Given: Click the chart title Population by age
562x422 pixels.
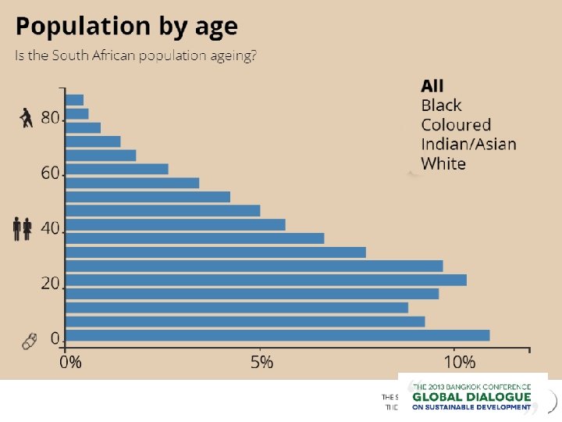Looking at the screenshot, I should tap(126, 27).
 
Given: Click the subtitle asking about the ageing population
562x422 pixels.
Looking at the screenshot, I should tap(137, 57).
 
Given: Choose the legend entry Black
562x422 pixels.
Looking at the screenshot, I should tap(441, 105).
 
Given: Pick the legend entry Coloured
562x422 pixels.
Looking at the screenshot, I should tap(456, 124).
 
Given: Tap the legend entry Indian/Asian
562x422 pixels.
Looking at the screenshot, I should tap(468, 144).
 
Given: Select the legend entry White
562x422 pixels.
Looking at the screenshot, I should tap(443, 163).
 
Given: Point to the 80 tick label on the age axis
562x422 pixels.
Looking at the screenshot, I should tap(50, 118).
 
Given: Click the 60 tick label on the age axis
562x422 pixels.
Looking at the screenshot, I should tap(50, 173).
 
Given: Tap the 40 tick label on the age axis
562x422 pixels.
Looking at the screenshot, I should tap(50, 228).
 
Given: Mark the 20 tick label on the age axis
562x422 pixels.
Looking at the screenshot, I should tap(50, 283).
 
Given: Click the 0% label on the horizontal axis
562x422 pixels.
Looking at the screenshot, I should tap(71, 362).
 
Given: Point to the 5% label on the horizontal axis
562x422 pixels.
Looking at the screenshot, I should tap(262, 362).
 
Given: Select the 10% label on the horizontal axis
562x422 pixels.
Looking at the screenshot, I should tap(458, 362).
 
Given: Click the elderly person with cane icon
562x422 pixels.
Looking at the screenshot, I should tap(27, 118).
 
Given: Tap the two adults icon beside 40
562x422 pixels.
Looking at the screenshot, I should tap(22, 228).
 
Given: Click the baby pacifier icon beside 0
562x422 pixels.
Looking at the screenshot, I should tap(29, 342).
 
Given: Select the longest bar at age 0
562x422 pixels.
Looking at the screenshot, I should tap(277, 335).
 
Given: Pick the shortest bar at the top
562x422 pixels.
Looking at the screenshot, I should tap(75, 100).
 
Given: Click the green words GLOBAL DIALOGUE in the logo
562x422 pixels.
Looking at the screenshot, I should tap(471, 396).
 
